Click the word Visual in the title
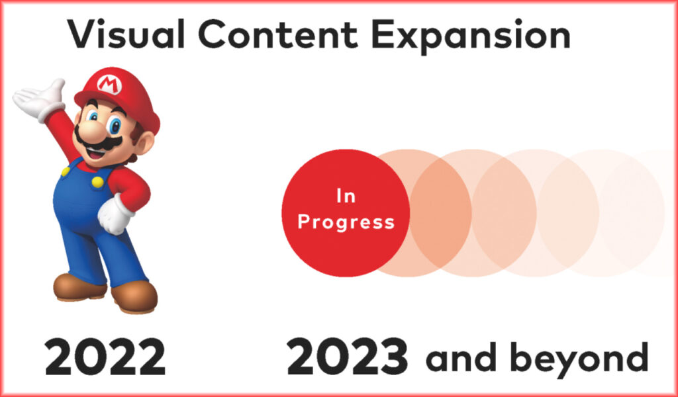(x=126, y=34)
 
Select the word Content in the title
(x=278, y=34)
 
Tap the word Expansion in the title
(x=471, y=36)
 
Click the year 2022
(x=105, y=357)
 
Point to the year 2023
(x=347, y=357)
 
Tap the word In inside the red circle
(x=346, y=196)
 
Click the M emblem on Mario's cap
(x=109, y=84)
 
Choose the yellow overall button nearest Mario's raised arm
(x=66, y=171)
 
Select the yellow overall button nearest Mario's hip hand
(x=98, y=182)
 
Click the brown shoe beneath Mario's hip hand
(x=134, y=296)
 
